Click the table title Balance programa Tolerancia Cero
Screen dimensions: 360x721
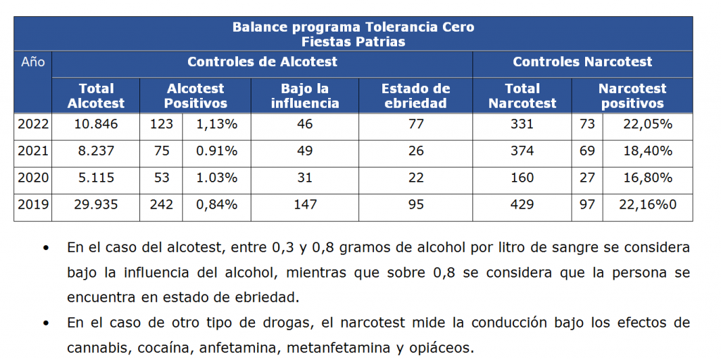(x=353, y=27)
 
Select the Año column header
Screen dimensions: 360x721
(x=32, y=62)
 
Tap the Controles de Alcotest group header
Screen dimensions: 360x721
(x=262, y=62)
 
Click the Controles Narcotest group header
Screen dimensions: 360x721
(x=582, y=62)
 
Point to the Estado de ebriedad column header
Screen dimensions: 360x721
(x=415, y=96)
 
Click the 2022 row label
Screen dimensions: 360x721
(x=32, y=125)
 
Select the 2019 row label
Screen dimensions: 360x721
(x=32, y=205)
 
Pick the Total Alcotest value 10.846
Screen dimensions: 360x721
(x=96, y=125)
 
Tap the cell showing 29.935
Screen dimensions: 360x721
(x=96, y=205)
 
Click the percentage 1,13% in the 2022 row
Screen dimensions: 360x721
(x=216, y=125)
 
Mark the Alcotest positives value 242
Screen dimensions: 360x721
(x=161, y=205)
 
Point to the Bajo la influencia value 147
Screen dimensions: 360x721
(x=304, y=205)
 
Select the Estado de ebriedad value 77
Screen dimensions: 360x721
(x=415, y=125)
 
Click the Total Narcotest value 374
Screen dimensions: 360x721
(x=522, y=151)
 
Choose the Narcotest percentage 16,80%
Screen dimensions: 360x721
(x=647, y=178)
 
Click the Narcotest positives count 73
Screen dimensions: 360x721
(x=587, y=125)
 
